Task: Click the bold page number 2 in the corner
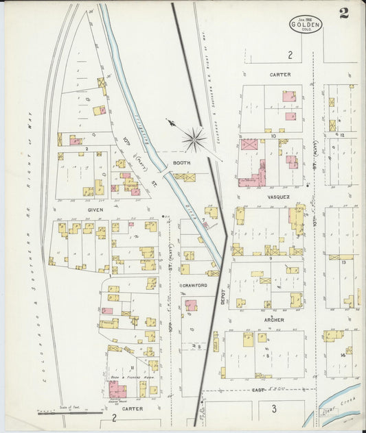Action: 343,12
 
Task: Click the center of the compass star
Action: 195,140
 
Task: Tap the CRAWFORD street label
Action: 196,285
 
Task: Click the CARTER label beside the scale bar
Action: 133,408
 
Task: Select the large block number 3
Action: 273,409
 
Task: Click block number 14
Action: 342,355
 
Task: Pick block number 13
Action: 342,262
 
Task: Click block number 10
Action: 273,136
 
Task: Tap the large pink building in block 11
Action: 117,391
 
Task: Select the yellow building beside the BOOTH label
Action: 185,177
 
